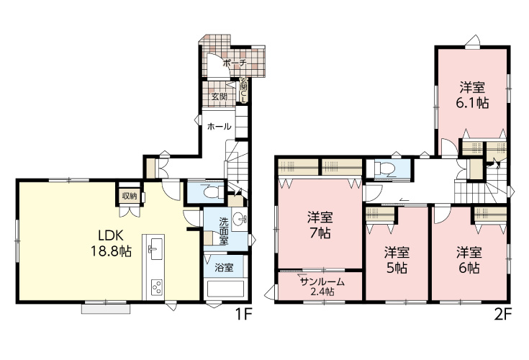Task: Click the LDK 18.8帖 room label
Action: [111, 243]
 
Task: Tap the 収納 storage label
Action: [130, 196]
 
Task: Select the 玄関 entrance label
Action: [220, 96]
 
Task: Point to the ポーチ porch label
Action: [235, 63]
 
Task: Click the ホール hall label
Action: [220, 127]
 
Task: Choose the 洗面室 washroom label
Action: [224, 231]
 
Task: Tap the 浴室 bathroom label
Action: [225, 268]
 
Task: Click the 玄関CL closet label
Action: [243, 91]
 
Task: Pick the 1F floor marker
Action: [243, 315]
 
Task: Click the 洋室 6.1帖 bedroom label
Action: [472, 95]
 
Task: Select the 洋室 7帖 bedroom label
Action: [320, 225]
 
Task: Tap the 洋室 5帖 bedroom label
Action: [397, 260]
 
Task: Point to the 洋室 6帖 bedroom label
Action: [469, 260]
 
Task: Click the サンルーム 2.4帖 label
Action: [322, 287]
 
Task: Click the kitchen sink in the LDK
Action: [156, 248]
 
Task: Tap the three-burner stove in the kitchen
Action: [156, 287]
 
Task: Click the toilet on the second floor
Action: [386, 168]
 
